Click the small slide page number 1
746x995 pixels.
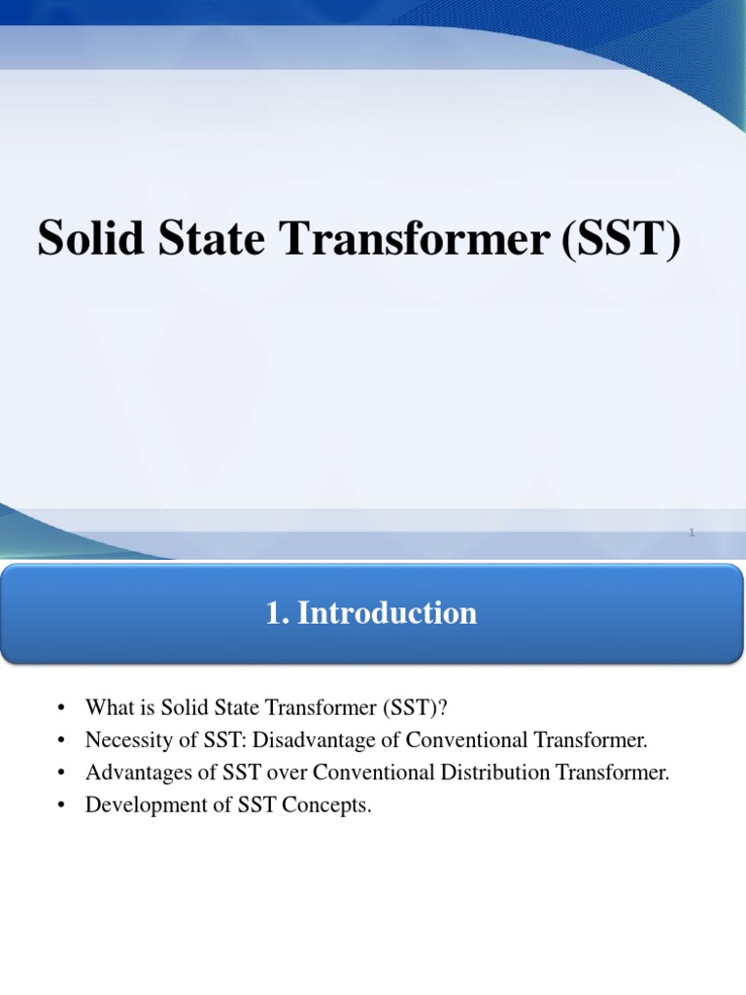point(691,532)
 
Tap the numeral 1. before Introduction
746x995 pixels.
point(278,613)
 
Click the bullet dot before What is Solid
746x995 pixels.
point(59,708)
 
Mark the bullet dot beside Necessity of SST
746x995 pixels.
point(59,741)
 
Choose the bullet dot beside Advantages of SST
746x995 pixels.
point(59,773)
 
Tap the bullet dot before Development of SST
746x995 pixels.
point(59,806)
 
